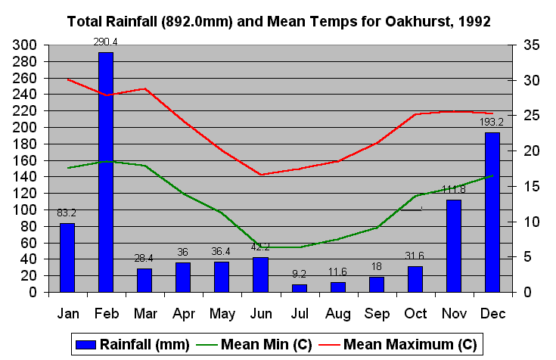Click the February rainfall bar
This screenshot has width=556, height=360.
tap(106, 172)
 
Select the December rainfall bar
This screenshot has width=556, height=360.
tap(492, 212)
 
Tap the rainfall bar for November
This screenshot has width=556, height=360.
tap(453, 245)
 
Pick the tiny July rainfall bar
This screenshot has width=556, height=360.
tap(300, 287)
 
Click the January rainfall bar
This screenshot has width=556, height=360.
tap(67, 257)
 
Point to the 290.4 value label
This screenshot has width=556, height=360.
tap(105, 42)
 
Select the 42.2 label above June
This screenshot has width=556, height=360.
tap(260, 247)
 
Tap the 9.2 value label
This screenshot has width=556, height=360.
tap(300, 274)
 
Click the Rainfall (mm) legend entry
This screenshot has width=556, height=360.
tap(132, 344)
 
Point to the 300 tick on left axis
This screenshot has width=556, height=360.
tap(25, 45)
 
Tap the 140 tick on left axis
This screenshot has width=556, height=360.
tap(25, 177)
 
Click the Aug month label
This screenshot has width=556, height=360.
tap(338, 312)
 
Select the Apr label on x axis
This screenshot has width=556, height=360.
tap(183, 312)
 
